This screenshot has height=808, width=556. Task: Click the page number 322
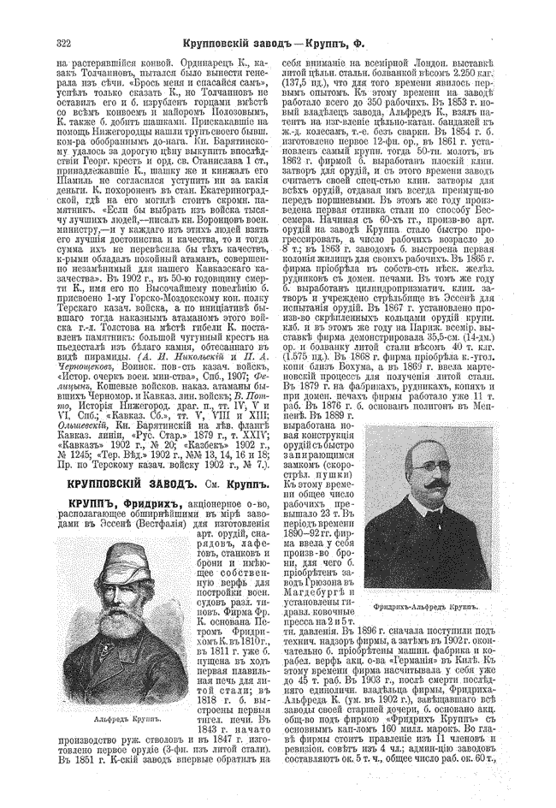62,41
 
